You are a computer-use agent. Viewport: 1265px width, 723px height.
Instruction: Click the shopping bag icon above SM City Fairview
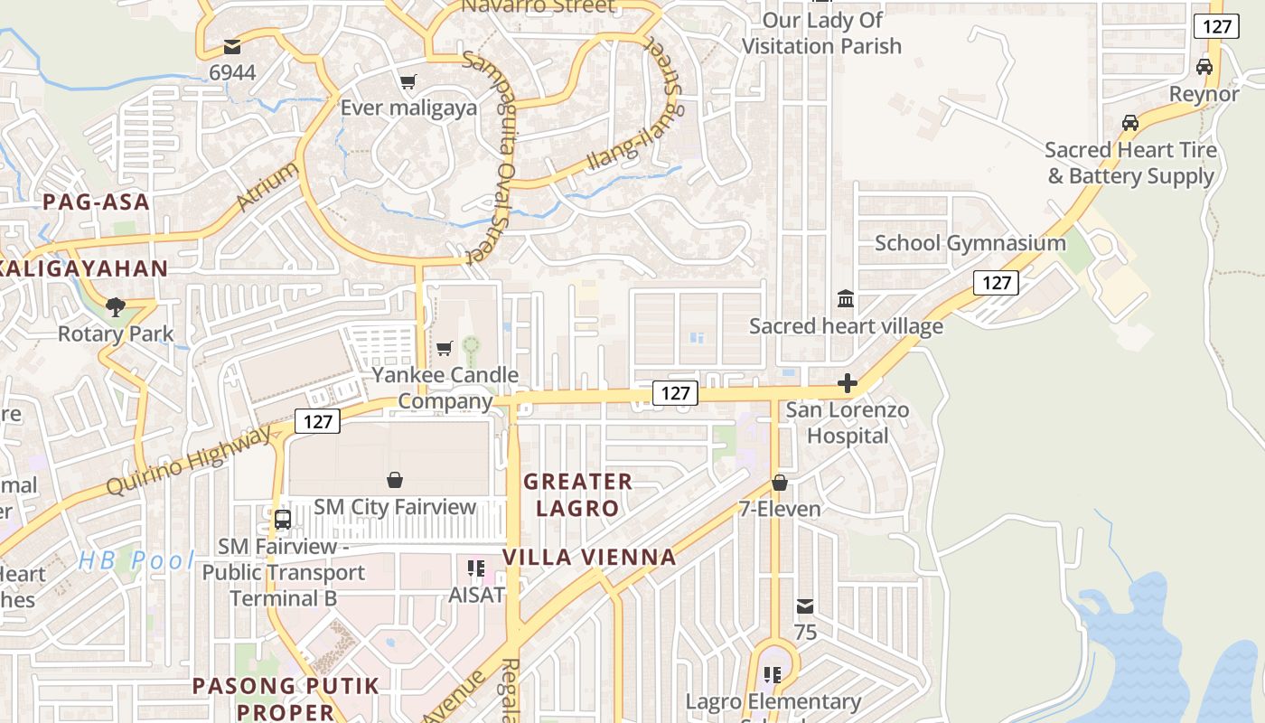tap(395, 479)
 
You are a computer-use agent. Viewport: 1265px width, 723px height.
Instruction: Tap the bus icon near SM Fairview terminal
tap(282, 520)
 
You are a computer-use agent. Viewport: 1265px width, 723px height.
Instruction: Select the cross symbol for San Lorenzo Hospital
tap(847, 384)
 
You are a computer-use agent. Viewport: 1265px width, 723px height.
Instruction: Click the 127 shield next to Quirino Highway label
tap(316, 421)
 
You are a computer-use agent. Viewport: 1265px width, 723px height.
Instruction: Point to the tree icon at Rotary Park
tap(115, 307)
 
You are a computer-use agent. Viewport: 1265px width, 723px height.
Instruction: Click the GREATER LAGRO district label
tap(577, 494)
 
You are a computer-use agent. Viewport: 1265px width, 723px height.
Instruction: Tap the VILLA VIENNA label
tap(589, 557)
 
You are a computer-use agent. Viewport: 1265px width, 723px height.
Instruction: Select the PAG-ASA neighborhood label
tap(96, 202)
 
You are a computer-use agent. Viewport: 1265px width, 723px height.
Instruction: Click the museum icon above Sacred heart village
tap(846, 298)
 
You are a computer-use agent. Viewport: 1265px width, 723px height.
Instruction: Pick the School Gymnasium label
tap(970, 243)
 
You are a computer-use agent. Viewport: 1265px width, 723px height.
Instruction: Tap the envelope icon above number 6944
tap(232, 46)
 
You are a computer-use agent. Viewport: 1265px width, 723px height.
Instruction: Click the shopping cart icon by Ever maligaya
tap(408, 82)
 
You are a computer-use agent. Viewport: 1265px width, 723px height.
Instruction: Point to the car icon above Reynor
tap(1204, 66)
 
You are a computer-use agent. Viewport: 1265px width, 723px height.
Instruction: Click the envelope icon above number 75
tap(804, 606)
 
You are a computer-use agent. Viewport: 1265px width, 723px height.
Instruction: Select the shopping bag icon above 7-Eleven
tap(779, 483)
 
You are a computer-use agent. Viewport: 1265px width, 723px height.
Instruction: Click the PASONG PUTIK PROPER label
tap(286, 699)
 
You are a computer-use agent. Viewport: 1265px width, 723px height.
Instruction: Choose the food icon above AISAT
tap(476, 568)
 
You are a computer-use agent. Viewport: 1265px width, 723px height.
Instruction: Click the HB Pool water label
tap(136, 560)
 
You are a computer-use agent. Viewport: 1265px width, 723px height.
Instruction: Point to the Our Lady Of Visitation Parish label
tap(821, 33)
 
